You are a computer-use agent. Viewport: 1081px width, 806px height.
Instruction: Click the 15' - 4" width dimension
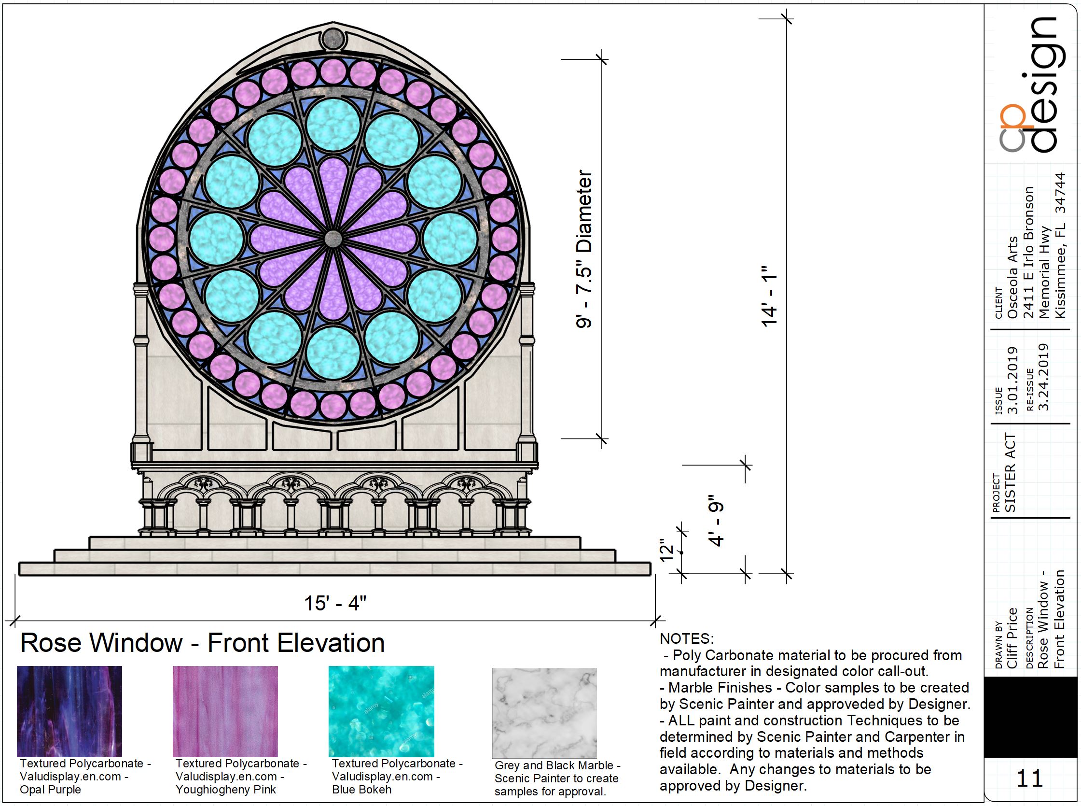click(335, 604)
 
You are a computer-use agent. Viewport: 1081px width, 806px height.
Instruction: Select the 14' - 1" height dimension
click(769, 296)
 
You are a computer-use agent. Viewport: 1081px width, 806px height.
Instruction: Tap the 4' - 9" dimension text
click(716, 520)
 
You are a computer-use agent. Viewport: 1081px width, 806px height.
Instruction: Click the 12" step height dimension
click(666, 551)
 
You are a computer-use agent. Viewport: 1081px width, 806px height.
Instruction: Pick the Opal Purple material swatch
click(69, 711)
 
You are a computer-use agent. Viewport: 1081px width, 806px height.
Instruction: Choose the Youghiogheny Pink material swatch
click(225, 711)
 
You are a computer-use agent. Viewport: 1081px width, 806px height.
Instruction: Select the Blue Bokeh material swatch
click(381, 711)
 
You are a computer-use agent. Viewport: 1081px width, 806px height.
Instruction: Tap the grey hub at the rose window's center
click(333, 239)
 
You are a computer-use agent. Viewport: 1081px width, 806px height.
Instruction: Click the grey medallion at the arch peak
click(333, 39)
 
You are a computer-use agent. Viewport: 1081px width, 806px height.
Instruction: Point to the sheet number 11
click(1030, 778)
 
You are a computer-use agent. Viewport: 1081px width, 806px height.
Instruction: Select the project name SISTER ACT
click(1010, 472)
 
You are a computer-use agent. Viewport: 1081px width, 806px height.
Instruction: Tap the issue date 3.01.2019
click(1013, 381)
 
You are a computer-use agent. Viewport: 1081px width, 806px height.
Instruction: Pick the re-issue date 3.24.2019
click(1043, 377)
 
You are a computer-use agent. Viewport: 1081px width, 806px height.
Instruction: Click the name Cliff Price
click(1012, 637)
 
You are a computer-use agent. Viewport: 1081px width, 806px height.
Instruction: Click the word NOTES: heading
click(687, 638)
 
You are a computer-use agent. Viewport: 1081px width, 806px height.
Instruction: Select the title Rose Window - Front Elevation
click(202, 643)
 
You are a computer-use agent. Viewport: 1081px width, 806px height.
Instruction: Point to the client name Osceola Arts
click(1013, 277)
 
